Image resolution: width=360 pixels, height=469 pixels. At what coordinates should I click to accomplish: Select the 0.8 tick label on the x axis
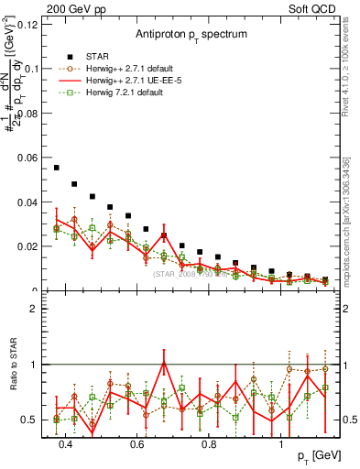click(209, 445)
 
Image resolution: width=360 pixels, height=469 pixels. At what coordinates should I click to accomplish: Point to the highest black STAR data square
click(57, 168)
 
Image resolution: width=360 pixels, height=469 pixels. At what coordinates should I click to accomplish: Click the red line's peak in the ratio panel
click(164, 363)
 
